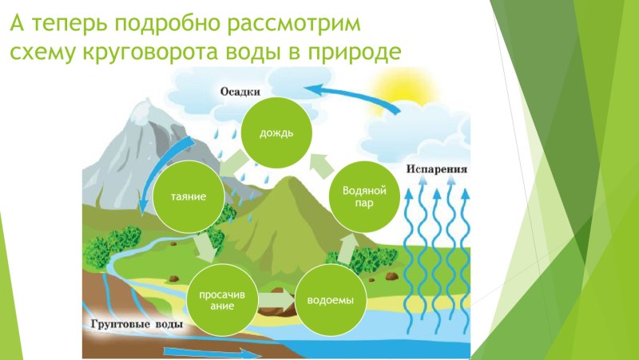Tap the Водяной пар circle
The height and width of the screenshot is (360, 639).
(364, 196)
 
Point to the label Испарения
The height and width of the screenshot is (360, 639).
(436, 171)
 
